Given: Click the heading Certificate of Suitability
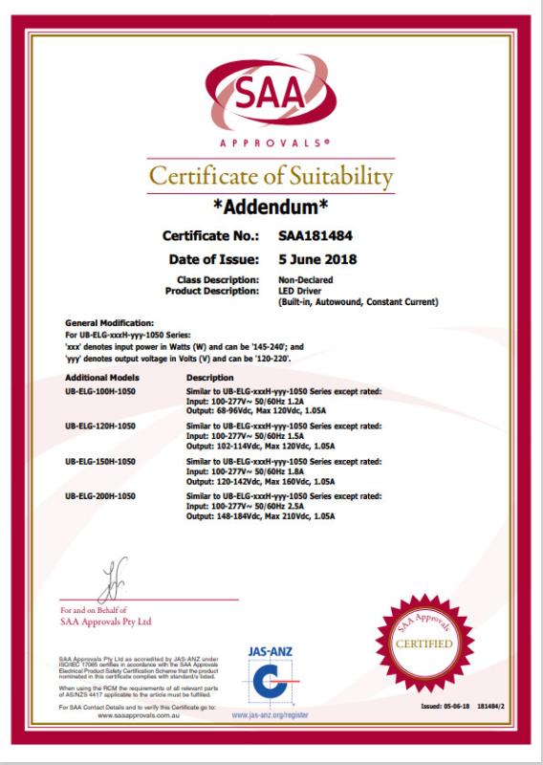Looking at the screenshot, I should pyautogui.click(x=271, y=177).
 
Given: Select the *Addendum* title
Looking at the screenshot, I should pyautogui.click(x=271, y=207).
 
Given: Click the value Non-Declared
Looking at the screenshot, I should pyautogui.click(x=303, y=279).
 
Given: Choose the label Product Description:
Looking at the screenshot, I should pyautogui.click(x=212, y=290).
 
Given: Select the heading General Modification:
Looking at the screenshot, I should pyautogui.click(x=107, y=324).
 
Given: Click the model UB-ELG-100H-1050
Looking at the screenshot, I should pyautogui.click(x=100, y=393).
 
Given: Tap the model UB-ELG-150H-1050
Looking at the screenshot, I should pyautogui.click(x=100, y=461).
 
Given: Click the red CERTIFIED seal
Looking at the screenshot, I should pyautogui.click(x=424, y=641).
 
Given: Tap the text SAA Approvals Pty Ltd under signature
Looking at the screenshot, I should pyautogui.click(x=106, y=621).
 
